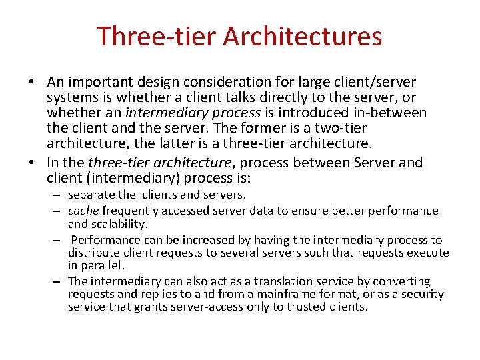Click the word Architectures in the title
(x=303, y=37)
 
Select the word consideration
(x=224, y=82)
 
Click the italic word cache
(x=83, y=211)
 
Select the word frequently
(x=131, y=211)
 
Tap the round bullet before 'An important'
(x=32, y=83)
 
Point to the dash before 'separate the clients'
(x=58, y=196)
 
